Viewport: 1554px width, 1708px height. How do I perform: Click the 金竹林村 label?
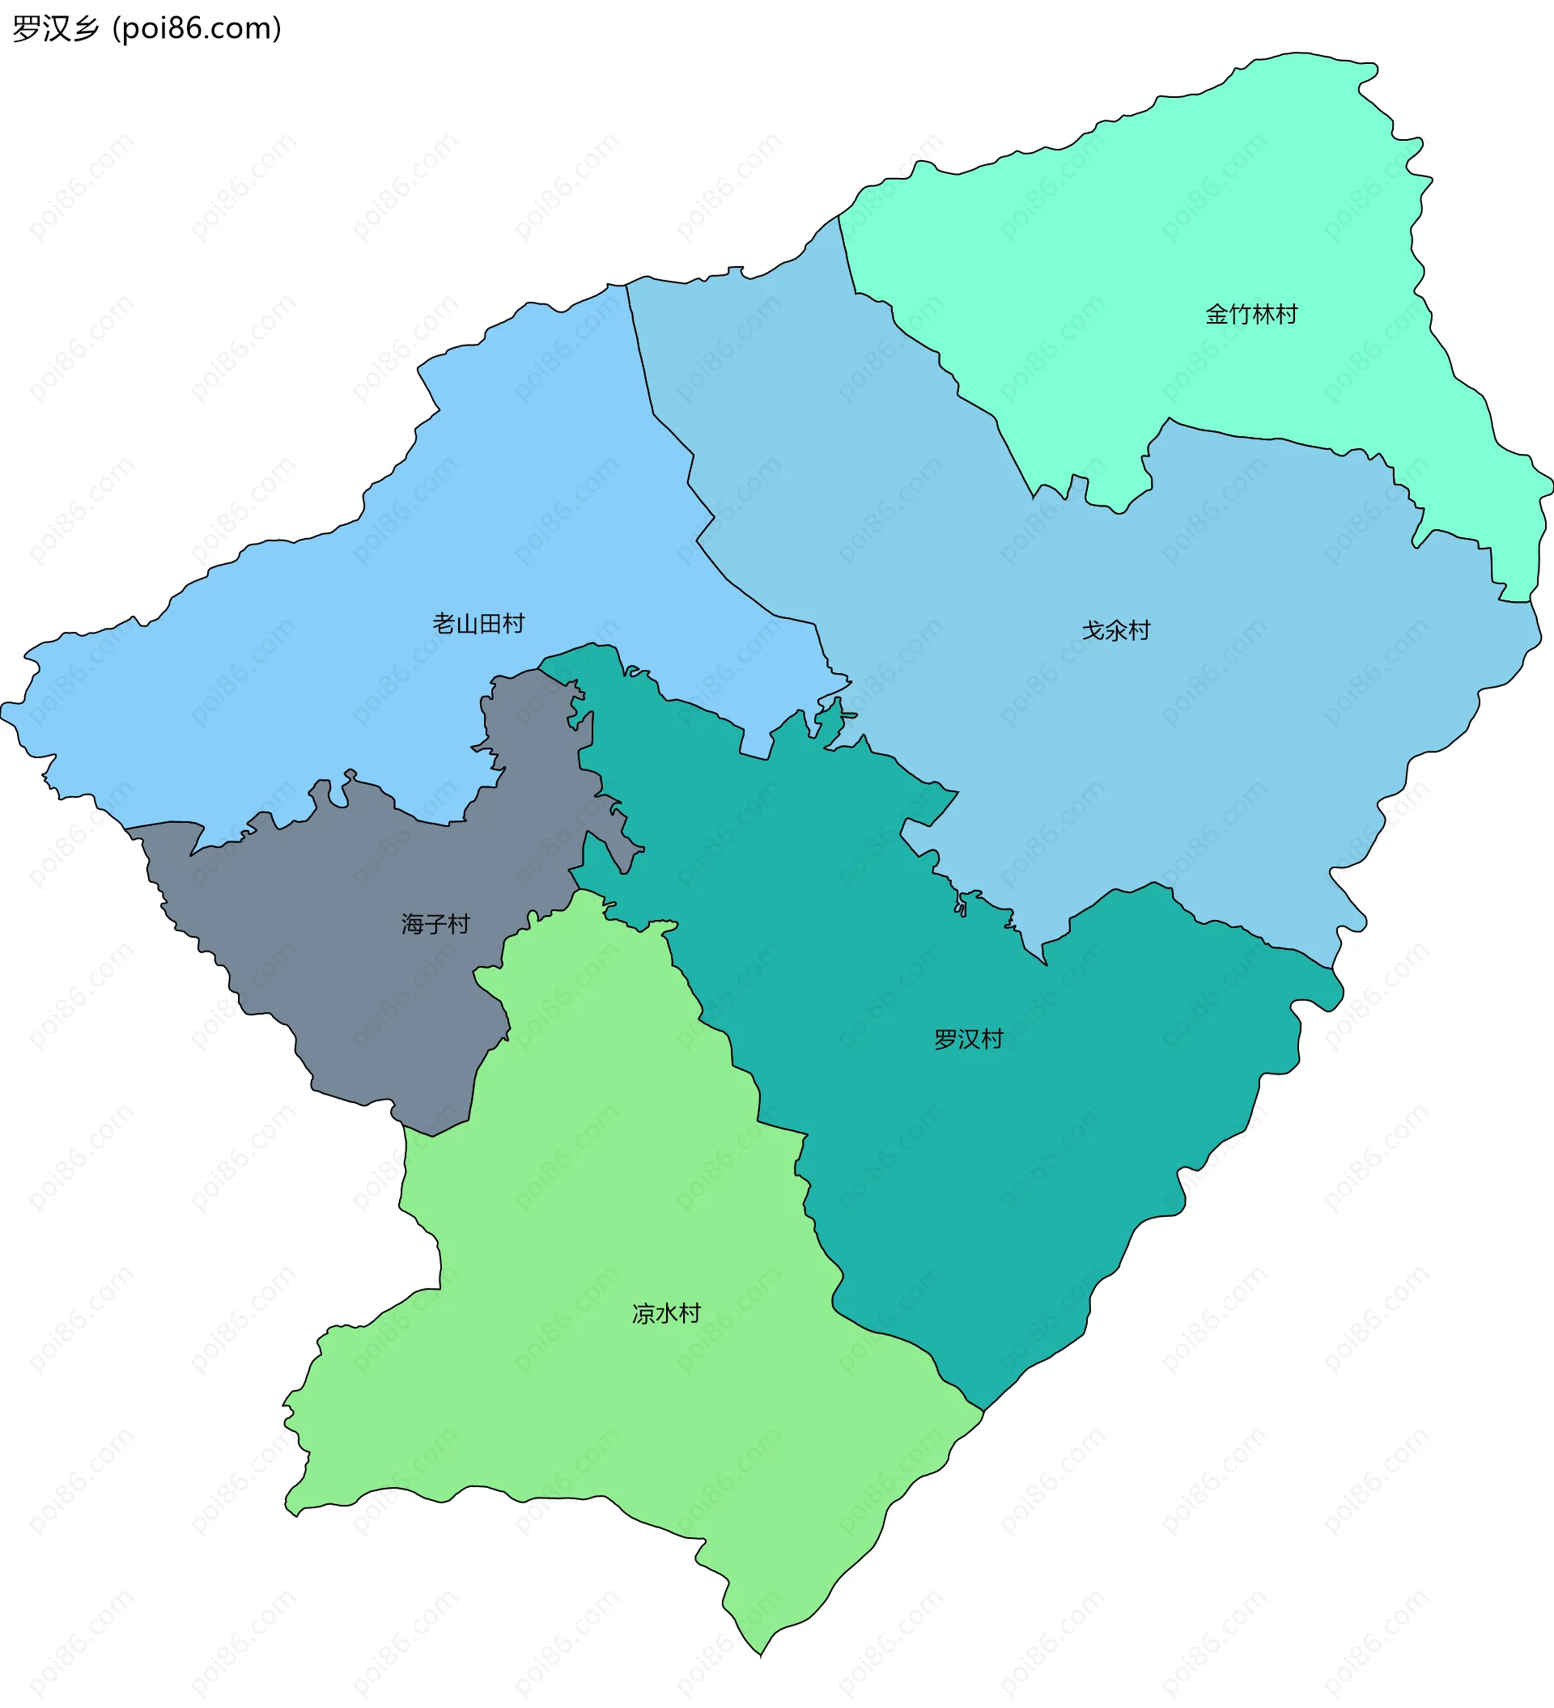[1250, 314]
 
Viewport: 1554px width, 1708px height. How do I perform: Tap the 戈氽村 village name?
[1116, 630]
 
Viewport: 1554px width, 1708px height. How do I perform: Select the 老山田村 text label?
[478, 624]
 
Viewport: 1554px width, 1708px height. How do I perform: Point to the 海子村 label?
[435, 923]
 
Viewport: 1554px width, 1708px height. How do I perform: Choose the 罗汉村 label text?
[969, 1039]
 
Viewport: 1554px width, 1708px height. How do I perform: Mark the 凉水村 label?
[666, 1313]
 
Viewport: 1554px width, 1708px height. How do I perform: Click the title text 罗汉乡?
[56, 29]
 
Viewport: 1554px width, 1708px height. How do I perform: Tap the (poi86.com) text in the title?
[197, 29]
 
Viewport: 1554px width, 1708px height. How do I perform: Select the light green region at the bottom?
[593, 1398]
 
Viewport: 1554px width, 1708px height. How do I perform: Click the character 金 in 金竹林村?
[1216, 314]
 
